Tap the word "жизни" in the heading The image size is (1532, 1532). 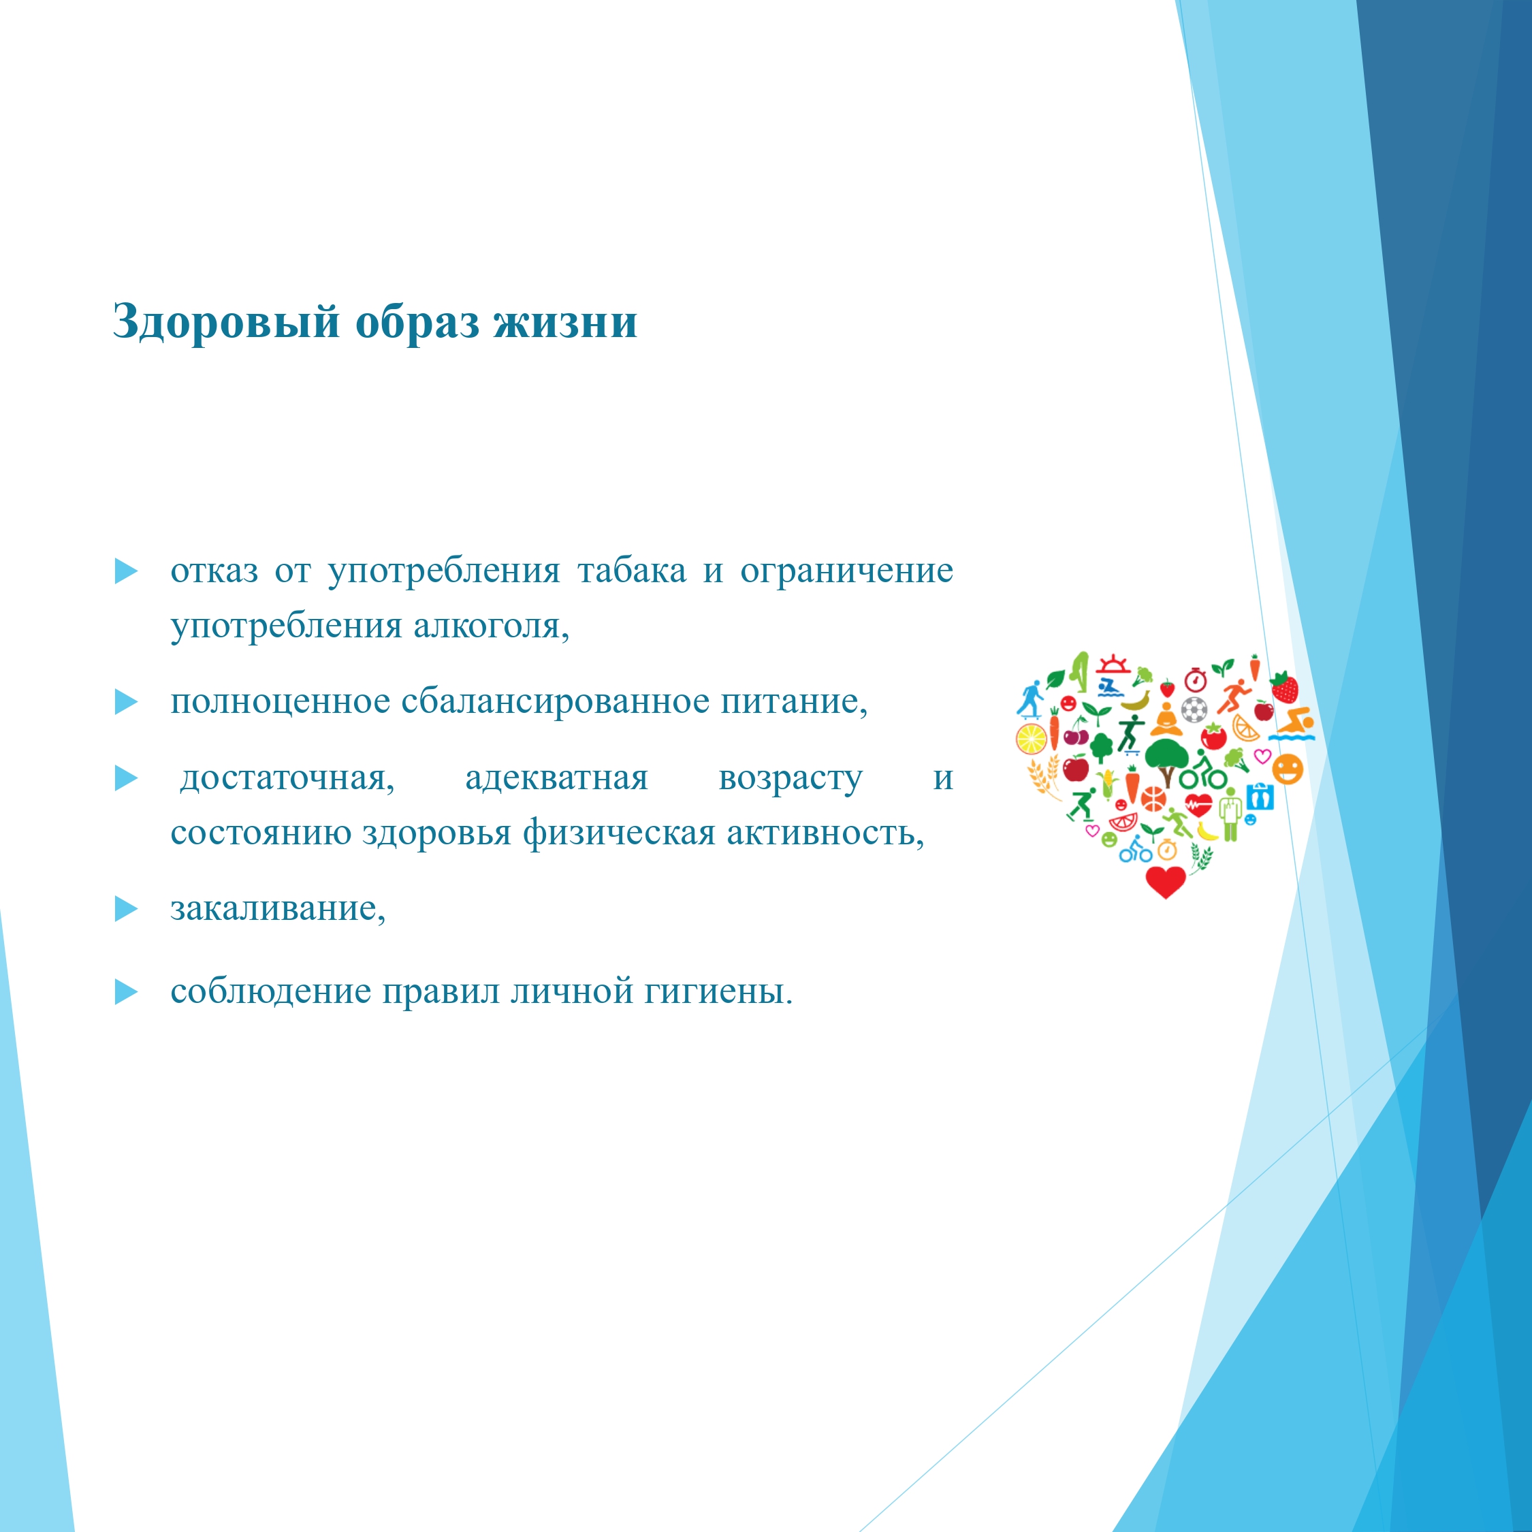(565, 322)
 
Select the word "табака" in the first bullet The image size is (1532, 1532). (632, 571)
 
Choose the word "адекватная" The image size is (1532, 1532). (557, 778)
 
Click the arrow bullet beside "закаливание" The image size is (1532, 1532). (126, 909)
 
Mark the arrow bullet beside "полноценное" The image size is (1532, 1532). (126, 702)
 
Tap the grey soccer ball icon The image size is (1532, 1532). (1194, 709)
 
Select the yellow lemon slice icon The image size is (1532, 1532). (1032, 739)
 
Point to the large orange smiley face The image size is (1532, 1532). (1288, 768)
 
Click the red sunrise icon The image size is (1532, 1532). (1114, 665)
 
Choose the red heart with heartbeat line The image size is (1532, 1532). (1199, 805)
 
